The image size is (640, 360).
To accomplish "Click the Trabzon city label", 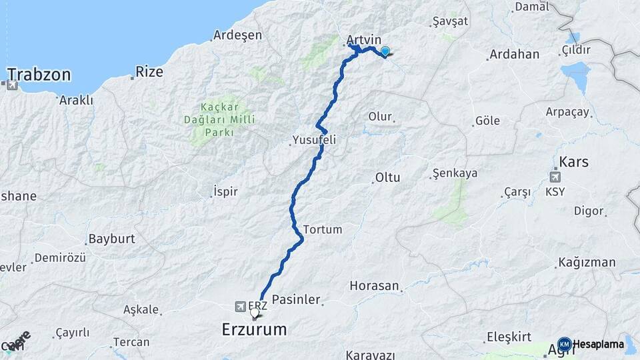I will [39, 75].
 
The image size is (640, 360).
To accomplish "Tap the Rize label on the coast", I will [149, 72].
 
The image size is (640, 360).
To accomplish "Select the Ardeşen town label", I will [237, 35].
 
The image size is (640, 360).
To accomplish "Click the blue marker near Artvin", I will [385, 51].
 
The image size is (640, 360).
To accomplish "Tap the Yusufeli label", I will [313, 141].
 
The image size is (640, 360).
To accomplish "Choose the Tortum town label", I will [323, 229].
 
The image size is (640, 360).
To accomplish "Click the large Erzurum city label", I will [254, 329].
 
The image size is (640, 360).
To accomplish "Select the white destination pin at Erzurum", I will [255, 312].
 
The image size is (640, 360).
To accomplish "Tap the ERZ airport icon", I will [240, 307].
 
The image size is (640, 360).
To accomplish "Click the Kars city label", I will [573, 161].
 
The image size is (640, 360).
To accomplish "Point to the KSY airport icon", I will [555, 177].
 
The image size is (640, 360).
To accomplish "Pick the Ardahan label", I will [514, 55].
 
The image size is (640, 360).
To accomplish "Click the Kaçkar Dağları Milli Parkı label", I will [217, 119].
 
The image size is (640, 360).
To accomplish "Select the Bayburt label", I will [112, 238].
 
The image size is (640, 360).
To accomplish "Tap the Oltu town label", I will [388, 178].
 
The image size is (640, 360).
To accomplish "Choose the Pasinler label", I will [297, 300].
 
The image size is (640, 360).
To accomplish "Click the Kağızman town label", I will [587, 262].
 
